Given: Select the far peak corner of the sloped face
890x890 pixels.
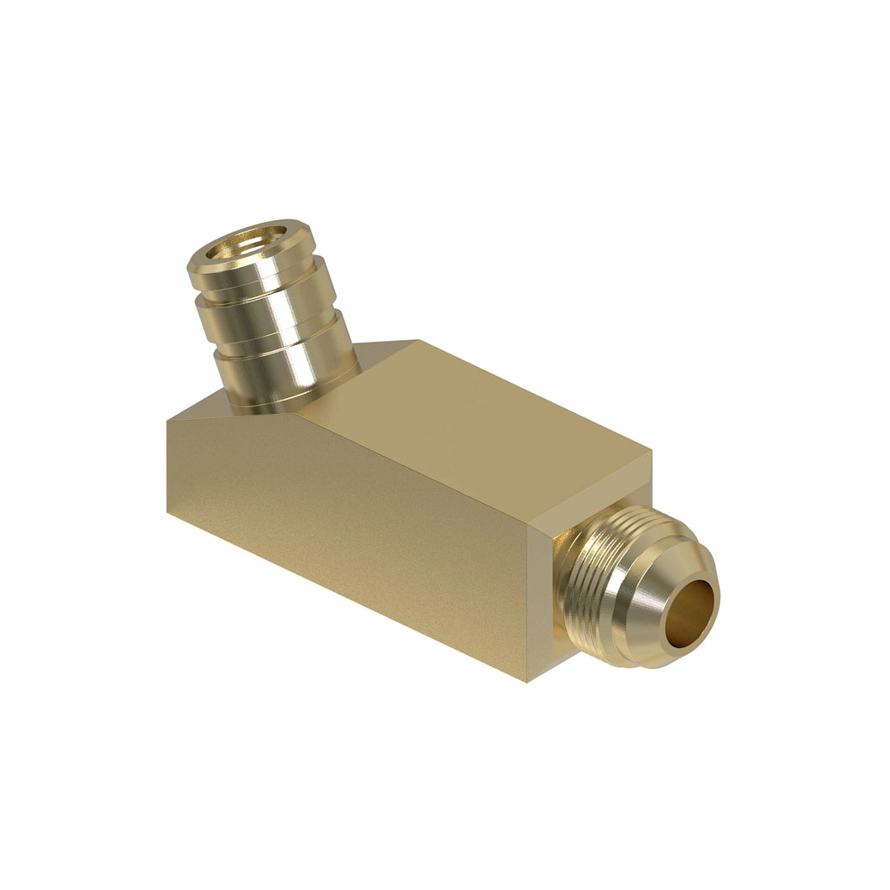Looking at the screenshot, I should click(417, 340).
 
